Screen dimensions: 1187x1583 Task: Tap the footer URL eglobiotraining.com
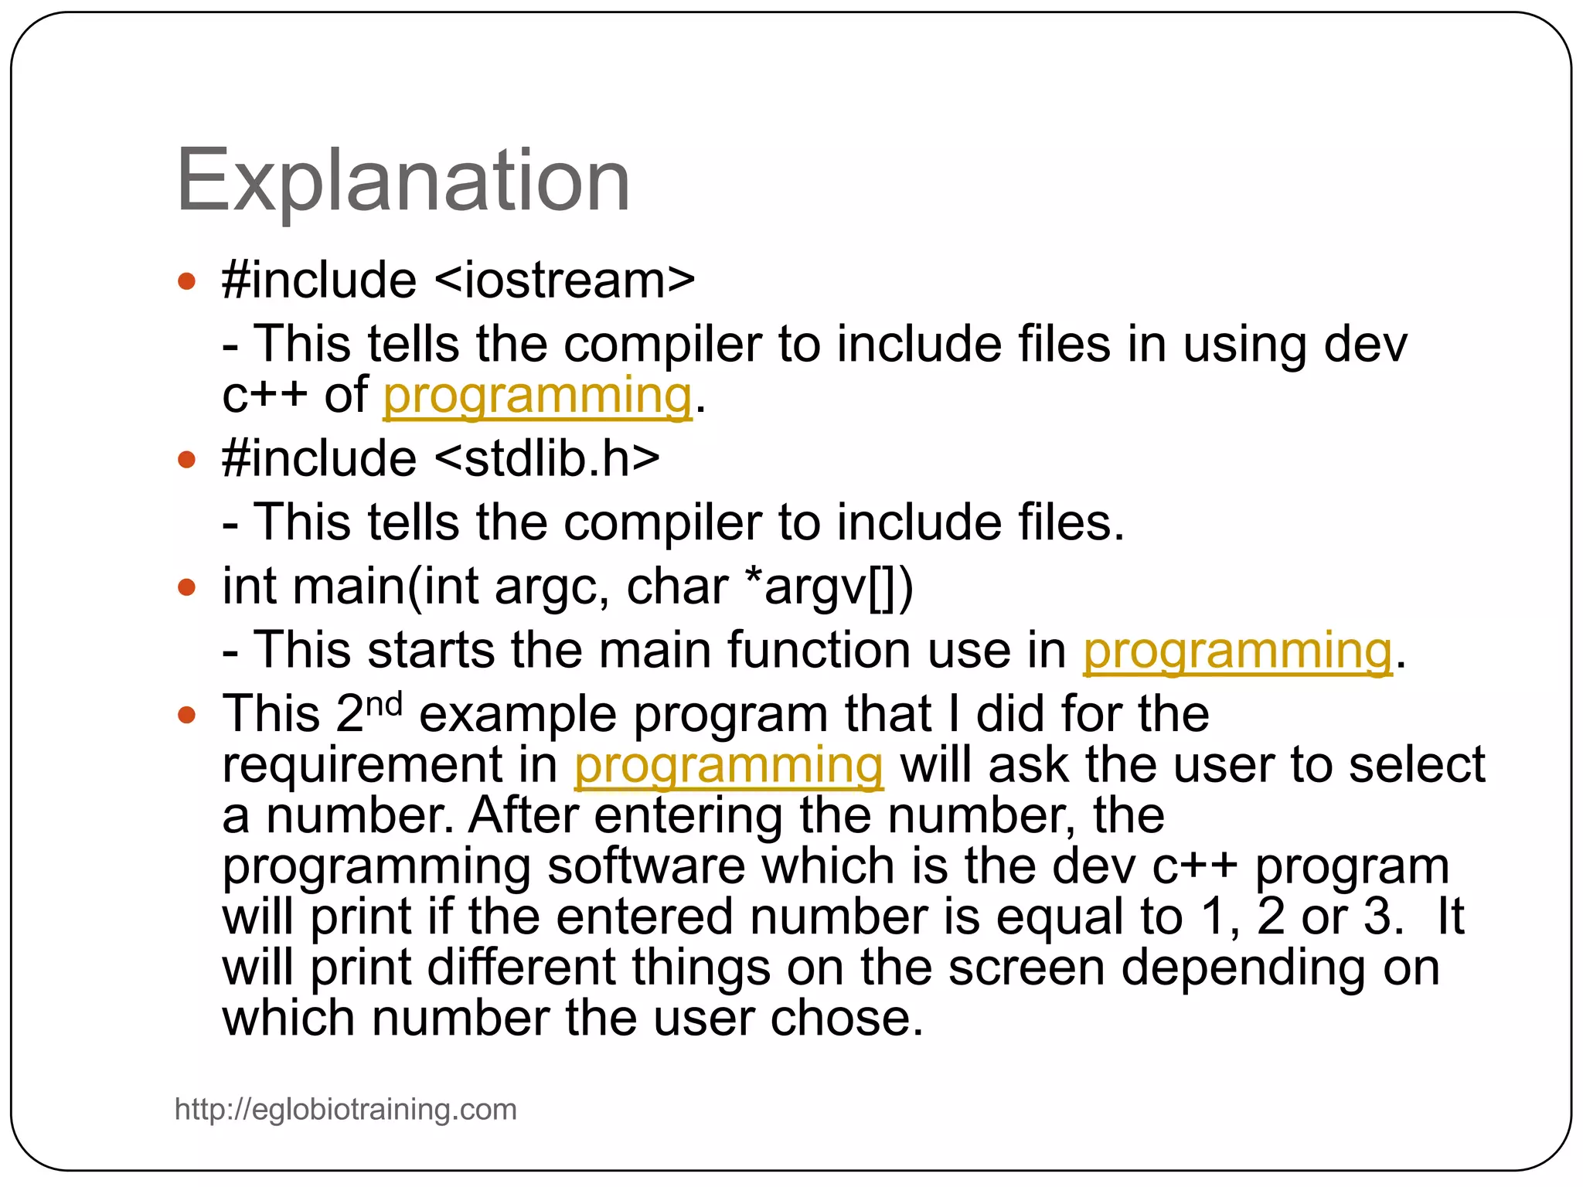click(346, 1109)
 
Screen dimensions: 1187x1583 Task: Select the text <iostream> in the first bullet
click(565, 280)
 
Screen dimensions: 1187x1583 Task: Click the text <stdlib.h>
click(547, 458)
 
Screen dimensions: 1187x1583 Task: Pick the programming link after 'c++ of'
click(537, 396)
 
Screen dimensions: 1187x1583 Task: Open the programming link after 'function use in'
click(1237, 651)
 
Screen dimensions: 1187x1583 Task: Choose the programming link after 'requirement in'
click(728, 765)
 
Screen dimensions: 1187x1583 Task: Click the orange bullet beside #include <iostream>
click(186, 281)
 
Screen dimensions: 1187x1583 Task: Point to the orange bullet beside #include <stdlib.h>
click(186, 460)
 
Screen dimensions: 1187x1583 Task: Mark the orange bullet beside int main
click(186, 587)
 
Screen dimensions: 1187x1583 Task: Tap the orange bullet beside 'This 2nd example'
click(186, 714)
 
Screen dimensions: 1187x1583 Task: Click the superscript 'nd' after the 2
click(383, 703)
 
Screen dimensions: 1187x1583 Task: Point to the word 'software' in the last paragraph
click(645, 866)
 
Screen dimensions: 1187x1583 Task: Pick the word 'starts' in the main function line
click(431, 651)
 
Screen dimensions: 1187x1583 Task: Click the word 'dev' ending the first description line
click(1365, 345)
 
